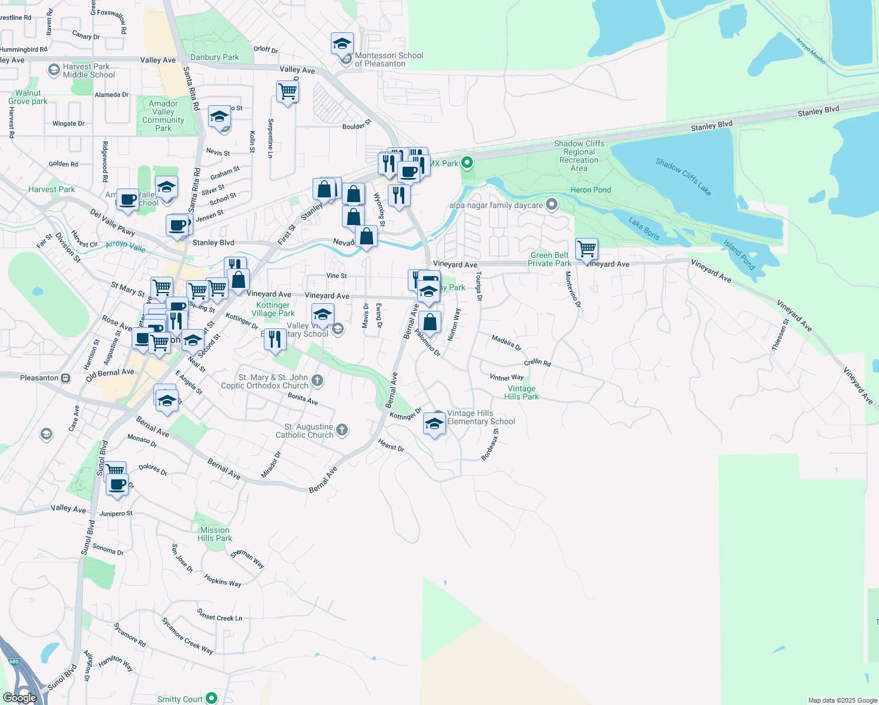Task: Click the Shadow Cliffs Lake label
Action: coord(683,177)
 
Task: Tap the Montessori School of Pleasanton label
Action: coord(388,59)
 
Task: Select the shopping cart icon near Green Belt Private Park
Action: coord(586,249)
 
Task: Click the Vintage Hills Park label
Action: coord(521,392)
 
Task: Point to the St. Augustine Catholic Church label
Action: coord(308,431)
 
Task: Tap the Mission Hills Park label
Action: coord(214,534)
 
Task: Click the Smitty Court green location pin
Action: coord(212,698)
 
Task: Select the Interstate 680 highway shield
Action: coord(14,662)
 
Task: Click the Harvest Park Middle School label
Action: coord(89,70)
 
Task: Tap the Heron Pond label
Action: coord(591,190)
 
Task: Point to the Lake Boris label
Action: coord(644,229)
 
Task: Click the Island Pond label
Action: coord(739,254)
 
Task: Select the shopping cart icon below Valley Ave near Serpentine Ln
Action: coord(287,92)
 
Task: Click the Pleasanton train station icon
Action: coord(65,378)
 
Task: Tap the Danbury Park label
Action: coord(214,57)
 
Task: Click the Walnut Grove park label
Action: coord(28,97)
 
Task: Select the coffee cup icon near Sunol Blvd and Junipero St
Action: coord(118,485)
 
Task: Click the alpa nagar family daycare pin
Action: coord(551,204)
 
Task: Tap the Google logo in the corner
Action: coord(19,697)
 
